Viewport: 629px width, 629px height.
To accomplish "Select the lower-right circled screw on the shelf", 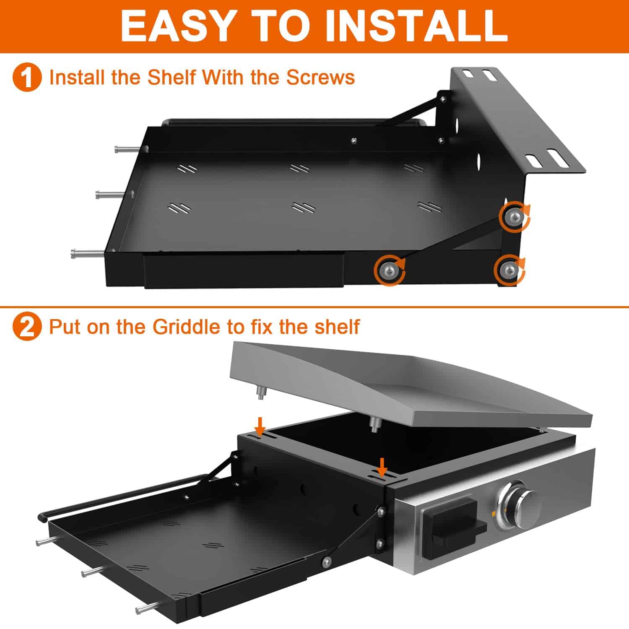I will pyautogui.click(x=509, y=269).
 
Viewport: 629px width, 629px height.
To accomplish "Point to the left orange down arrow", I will pyautogui.click(x=260, y=426).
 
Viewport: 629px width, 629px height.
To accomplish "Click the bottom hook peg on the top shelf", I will pyautogui.click(x=86, y=254).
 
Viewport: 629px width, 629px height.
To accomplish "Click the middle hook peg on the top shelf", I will pyautogui.click(x=109, y=194).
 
